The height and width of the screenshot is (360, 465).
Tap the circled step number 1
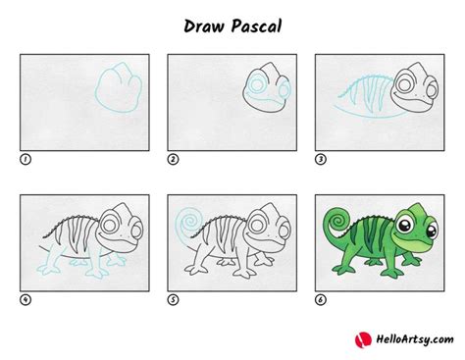coord(24,158)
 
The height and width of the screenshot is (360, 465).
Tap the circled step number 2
coord(173,158)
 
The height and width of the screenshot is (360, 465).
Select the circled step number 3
coord(320,158)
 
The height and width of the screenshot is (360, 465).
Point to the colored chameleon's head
coord(413,225)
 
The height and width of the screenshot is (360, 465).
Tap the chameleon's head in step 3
coord(413,90)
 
